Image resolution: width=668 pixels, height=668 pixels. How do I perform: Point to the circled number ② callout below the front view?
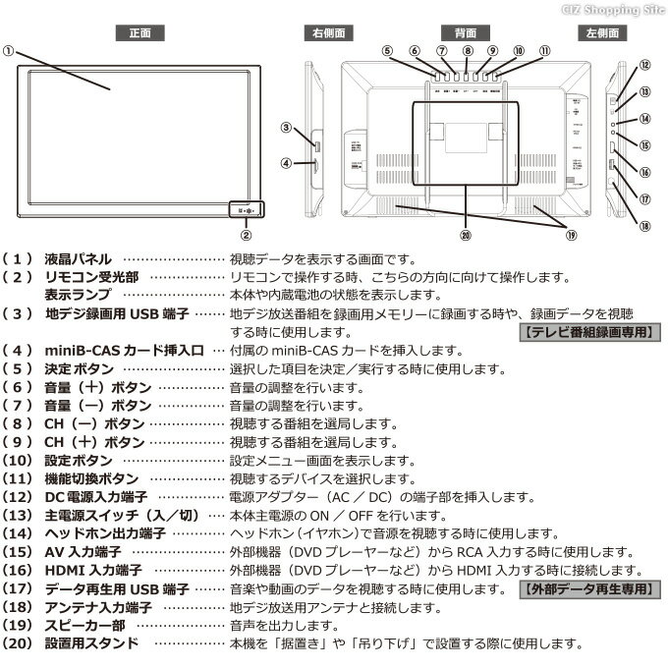tap(247, 235)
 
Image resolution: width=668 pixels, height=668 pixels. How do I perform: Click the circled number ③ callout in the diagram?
tap(286, 127)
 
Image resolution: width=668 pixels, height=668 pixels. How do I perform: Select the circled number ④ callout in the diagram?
tap(286, 163)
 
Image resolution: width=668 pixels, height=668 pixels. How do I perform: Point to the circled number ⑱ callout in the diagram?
tap(644, 225)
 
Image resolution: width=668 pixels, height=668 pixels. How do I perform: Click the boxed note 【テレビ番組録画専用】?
tap(587, 332)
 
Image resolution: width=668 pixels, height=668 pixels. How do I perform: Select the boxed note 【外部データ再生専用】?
tap(586, 588)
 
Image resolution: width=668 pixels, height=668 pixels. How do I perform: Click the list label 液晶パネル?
tap(78, 258)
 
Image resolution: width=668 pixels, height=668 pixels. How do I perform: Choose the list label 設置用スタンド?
tap(90, 643)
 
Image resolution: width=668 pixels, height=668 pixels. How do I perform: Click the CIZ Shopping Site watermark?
tap(613, 9)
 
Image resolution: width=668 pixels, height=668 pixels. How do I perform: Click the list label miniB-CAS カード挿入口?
tap(124, 351)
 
